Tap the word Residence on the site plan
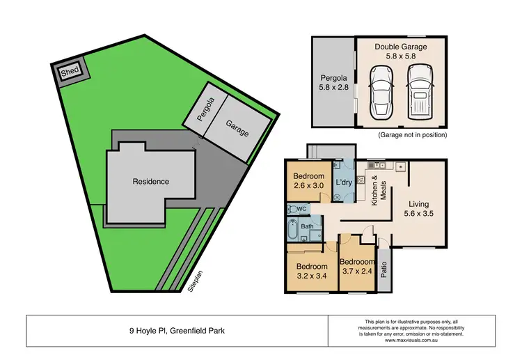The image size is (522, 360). (x=151, y=182)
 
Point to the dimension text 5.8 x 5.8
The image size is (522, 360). (x=401, y=56)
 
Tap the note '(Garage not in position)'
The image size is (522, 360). (x=413, y=134)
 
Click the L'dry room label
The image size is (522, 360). (x=343, y=182)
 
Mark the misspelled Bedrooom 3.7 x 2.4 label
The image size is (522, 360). (x=356, y=267)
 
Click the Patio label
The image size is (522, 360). (x=384, y=268)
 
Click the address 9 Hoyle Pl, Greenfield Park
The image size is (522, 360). (x=177, y=331)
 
